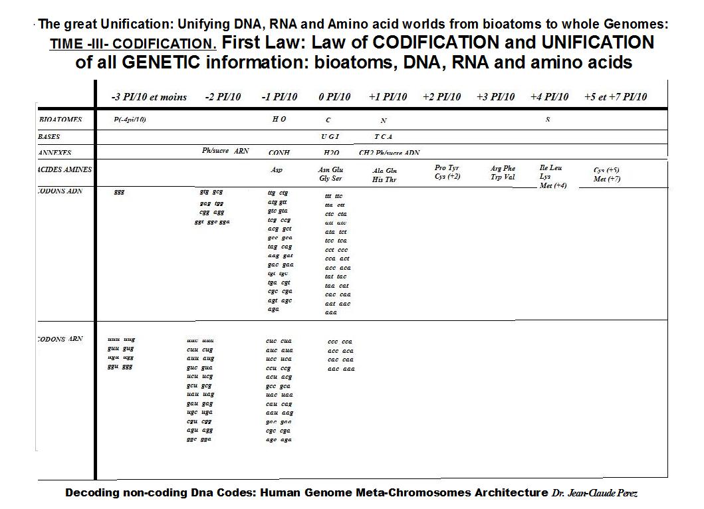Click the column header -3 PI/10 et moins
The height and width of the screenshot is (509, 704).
[x=150, y=97]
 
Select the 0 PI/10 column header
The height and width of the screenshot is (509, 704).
[x=334, y=97]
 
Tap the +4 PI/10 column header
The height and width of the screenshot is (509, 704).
[x=550, y=97]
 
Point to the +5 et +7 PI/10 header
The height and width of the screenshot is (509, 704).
[x=615, y=97]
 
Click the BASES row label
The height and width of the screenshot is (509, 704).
[x=49, y=137]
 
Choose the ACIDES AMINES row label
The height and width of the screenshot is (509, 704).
[x=65, y=169]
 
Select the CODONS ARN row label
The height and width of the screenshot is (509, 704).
[x=61, y=339]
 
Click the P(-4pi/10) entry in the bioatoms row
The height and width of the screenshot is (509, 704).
[x=130, y=120]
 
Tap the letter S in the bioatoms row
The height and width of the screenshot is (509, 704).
[x=548, y=120]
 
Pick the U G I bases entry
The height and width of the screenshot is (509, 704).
[x=330, y=136]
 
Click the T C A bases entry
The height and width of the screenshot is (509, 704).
[x=382, y=136]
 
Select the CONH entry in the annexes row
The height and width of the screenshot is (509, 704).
[x=279, y=152]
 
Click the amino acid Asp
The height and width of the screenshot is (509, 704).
[x=277, y=170]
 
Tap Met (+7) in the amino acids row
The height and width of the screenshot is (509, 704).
[x=607, y=179]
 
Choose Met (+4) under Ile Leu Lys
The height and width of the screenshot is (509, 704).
[x=553, y=185]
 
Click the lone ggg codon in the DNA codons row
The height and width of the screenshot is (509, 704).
[x=120, y=192]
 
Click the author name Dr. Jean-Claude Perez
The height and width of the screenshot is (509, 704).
[x=596, y=493]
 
